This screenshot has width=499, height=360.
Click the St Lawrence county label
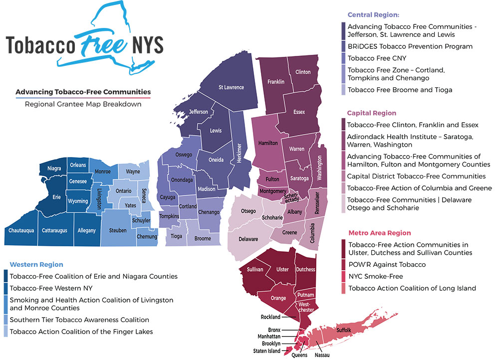231,87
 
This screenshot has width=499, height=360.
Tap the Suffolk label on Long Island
344,330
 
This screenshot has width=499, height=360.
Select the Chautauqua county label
21,230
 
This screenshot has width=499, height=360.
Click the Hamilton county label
268,143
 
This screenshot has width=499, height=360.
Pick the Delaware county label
248,239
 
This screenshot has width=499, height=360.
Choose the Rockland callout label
270,317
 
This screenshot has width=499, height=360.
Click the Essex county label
299,112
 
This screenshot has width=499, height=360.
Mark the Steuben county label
118,230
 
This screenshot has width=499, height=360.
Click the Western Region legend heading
36,264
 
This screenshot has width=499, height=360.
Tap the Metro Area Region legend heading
380,233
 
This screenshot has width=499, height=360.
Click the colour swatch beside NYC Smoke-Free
344,276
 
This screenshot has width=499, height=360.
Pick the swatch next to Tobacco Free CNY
344,58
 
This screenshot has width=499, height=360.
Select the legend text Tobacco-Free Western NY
51,288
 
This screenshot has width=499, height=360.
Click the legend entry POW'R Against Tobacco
387,264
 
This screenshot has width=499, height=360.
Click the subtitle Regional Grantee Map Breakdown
83,104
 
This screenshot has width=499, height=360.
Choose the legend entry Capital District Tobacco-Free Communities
417,176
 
